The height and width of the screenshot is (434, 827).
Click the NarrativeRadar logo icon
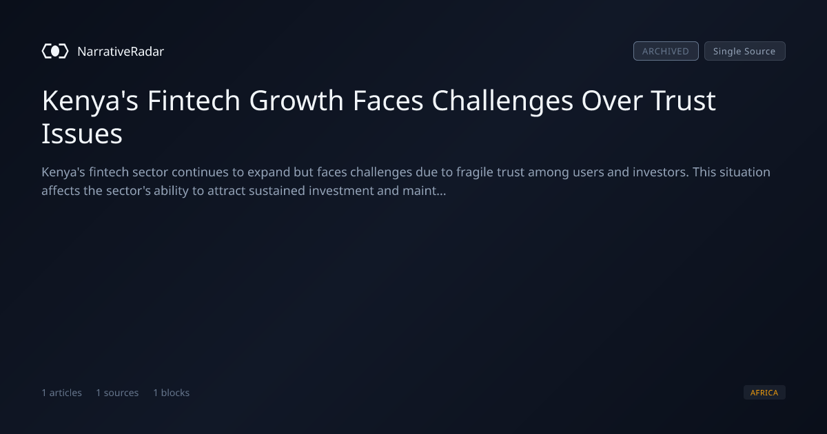[55, 51]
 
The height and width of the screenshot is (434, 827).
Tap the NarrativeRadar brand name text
[121, 51]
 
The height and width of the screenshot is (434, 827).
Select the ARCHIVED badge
[666, 51]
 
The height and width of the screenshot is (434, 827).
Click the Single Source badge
[745, 51]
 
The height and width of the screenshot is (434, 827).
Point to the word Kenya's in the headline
[90, 101]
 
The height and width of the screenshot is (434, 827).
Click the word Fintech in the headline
[194, 100]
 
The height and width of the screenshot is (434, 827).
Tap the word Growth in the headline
[296, 100]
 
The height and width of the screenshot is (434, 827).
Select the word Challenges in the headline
[502, 101]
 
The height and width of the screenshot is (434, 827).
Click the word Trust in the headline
[684, 100]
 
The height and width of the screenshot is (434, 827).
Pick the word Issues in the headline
[82, 134]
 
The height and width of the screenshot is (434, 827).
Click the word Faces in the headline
[388, 100]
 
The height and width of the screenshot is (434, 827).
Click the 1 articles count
[61, 393]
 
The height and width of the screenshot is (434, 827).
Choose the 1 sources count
[117, 393]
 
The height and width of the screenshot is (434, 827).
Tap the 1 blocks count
[172, 393]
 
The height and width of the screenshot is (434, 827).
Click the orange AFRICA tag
[764, 392]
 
